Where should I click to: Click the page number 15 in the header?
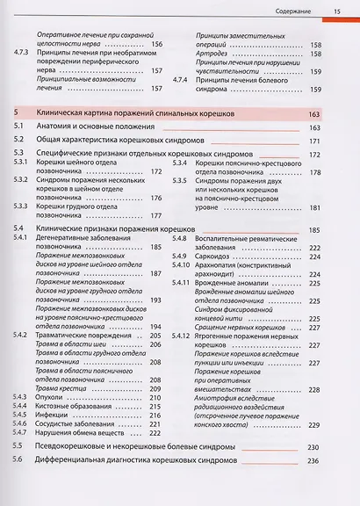point(336,11)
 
